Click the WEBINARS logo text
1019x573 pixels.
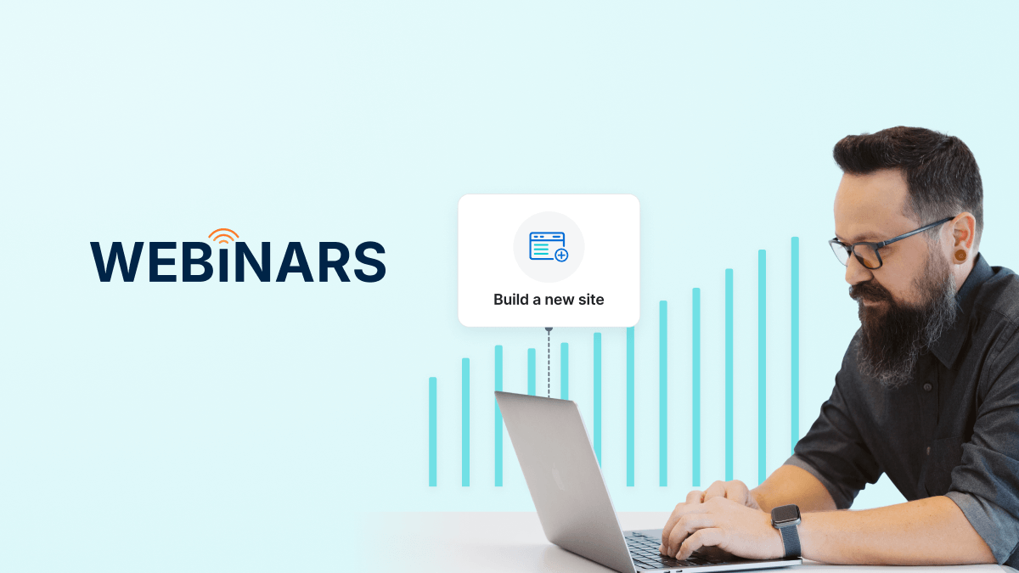coord(238,261)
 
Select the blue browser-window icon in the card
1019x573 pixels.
coord(548,246)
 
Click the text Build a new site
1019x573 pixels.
coord(549,300)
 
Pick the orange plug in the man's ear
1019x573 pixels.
coord(960,255)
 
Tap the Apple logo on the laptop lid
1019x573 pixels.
coord(559,477)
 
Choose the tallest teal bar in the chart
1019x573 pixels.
coord(795,340)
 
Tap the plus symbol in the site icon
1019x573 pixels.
coord(561,255)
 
